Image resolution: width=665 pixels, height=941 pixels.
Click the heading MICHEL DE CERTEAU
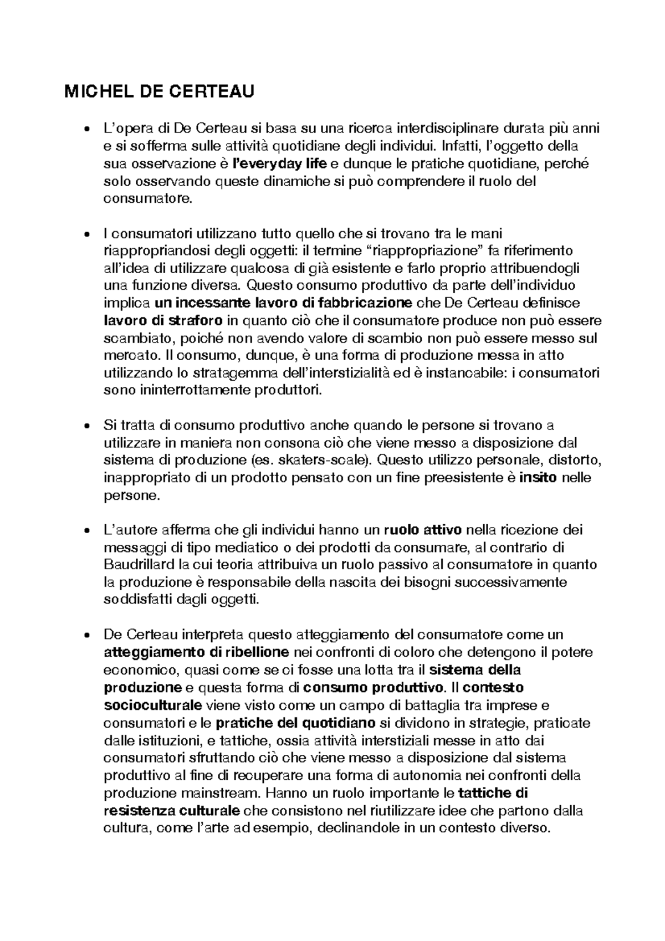coord(160,91)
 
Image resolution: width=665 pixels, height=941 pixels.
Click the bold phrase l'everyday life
coord(280,164)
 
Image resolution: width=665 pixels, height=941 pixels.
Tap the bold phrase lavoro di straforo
coord(163,321)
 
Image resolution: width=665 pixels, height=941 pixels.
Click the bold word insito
coord(537,478)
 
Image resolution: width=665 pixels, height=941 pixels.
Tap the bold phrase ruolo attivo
coord(422,530)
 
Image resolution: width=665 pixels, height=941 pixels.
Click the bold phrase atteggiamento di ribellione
coord(196,652)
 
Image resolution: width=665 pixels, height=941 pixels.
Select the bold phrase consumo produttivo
coord(374,688)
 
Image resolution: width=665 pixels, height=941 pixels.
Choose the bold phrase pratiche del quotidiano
coord(295,723)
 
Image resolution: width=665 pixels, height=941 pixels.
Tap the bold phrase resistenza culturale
coord(172,811)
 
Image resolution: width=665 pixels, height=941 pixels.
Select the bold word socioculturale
coord(153,706)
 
